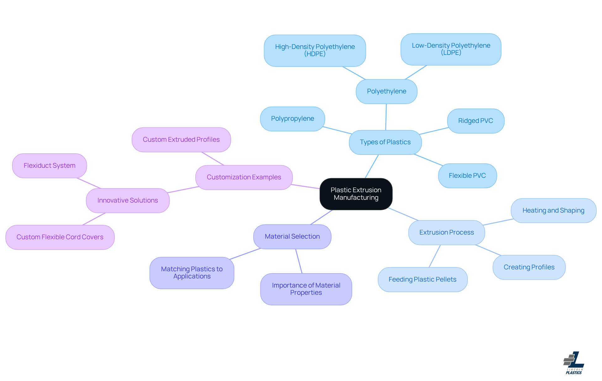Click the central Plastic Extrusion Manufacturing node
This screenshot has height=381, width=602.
(356, 194)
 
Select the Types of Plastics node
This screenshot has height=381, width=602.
(385, 142)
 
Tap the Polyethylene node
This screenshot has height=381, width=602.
(386, 91)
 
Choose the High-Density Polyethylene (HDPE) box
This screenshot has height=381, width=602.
(315, 50)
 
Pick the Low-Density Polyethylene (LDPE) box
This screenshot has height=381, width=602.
(451, 49)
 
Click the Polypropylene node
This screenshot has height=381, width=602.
(292, 119)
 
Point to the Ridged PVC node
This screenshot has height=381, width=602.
(475, 121)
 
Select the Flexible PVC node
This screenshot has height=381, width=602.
(467, 176)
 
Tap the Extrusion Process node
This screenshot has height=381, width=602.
(446, 232)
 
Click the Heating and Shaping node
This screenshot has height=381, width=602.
(553, 210)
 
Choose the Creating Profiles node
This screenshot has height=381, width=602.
(529, 267)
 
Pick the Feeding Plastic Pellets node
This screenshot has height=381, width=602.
(422, 279)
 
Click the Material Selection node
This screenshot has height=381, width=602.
(292, 236)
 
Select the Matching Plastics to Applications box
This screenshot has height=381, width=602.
(192, 273)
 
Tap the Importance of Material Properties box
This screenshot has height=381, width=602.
(306, 289)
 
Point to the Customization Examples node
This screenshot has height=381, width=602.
(244, 177)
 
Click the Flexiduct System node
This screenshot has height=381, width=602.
(50, 166)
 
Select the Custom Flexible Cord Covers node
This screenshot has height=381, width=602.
(60, 237)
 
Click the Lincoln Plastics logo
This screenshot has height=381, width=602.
(574, 363)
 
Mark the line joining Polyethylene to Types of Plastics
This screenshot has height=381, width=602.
(386, 117)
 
